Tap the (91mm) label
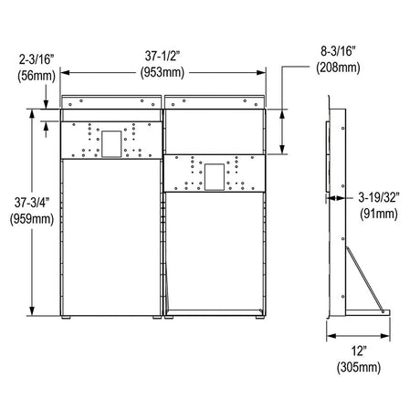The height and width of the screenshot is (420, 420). [x=381, y=213]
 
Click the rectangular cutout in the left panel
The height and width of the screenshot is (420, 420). [x=112, y=142]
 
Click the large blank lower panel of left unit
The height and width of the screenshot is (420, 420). [x=110, y=237]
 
